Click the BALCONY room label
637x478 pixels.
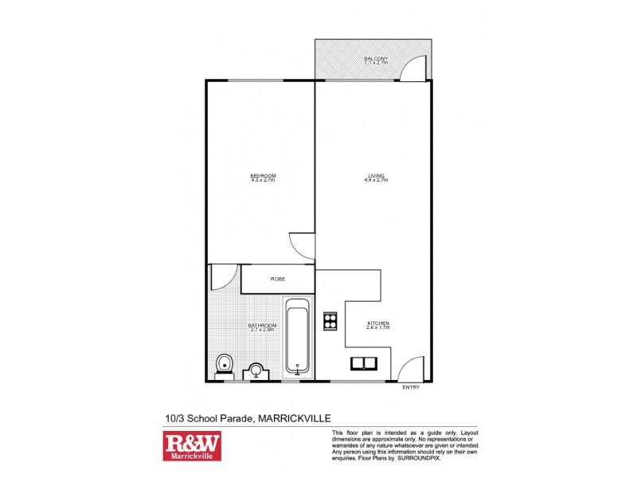(376, 58)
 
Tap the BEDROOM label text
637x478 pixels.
(263, 175)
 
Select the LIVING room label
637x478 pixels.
(376, 175)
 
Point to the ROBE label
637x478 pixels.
(278, 279)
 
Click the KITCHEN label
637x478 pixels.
(377, 322)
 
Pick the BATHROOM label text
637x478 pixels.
(262, 325)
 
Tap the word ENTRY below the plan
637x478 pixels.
(411, 387)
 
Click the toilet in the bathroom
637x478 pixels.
(224, 366)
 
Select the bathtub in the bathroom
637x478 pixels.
(298, 335)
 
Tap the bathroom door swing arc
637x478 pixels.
(222, 276)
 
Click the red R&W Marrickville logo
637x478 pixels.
(191, 446)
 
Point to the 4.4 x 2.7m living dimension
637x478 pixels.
(376, 181)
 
